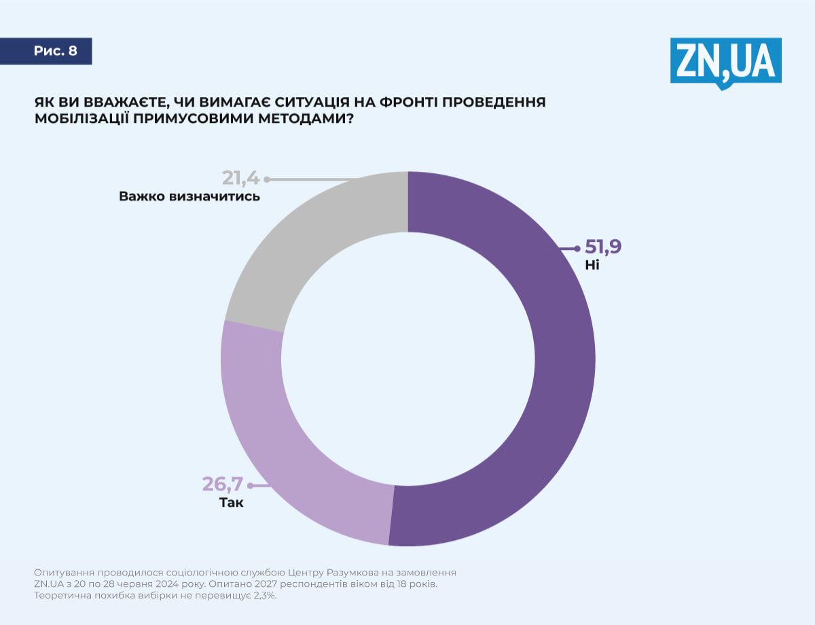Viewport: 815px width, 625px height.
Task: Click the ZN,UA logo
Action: click(725, 62)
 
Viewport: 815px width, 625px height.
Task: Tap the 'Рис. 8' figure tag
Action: click(55, 52)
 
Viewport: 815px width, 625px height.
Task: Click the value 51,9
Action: click(603, 247)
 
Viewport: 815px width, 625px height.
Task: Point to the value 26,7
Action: click(221, 484)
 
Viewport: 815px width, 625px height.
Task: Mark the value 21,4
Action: click(241, 179)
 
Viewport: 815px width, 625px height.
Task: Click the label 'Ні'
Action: click(592, 265)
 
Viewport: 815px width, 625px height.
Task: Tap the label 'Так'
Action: click(231, 503)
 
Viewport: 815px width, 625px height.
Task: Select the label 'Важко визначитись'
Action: click(189, 197)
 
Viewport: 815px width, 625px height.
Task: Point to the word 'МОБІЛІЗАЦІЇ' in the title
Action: click(87, 119)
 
